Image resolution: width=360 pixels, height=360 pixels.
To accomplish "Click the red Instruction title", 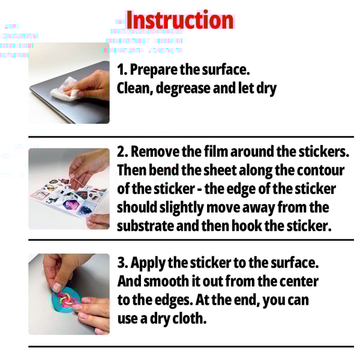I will click(179, 20).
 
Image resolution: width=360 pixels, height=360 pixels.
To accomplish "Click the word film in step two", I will click(223, 152).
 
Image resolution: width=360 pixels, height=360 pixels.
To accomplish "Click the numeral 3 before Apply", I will click(121, 263).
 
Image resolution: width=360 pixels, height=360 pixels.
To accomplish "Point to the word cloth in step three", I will click(188, 318).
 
